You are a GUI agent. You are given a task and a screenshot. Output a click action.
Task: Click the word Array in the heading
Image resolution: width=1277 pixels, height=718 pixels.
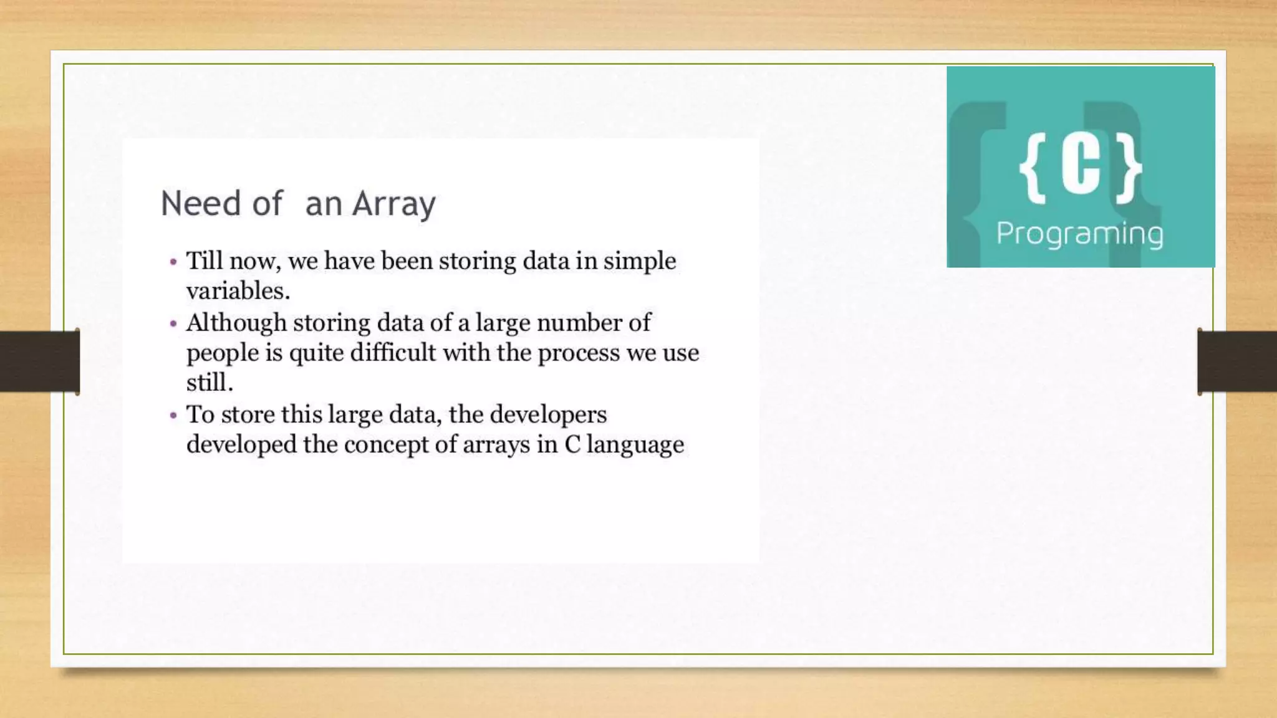pyautogui.click(x=393, y=204)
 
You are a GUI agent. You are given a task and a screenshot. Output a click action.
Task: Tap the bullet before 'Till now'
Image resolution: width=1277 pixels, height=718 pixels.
pyautogui.click(x=173, y=262)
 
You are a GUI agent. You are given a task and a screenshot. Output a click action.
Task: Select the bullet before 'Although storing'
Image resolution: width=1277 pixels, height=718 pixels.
pyautogui.click(x=173, y=323)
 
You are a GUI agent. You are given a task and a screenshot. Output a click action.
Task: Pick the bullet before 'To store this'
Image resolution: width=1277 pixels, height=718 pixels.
pyautogui.click(x=173, y=415)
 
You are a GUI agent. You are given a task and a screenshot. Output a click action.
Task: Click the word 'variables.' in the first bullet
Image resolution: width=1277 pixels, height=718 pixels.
pyautogui.click(x=238, y=292)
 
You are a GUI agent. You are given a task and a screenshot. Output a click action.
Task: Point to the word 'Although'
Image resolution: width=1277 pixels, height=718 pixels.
pyautogui.click(x=236, y=323)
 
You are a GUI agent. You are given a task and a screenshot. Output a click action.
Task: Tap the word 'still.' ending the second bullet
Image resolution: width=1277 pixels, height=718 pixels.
pyautogui.click(x=210, y=383)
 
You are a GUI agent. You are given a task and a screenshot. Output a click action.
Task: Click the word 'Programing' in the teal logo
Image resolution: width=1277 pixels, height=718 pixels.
pyautogui.click(x=1079, y=234)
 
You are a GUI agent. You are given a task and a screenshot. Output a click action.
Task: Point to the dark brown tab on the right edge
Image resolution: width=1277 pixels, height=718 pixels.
pyautogui.click(x=1237, y=361)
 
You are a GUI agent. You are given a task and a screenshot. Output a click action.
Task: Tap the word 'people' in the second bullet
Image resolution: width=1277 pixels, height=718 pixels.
pyautogui.click(x=222, y=353)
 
